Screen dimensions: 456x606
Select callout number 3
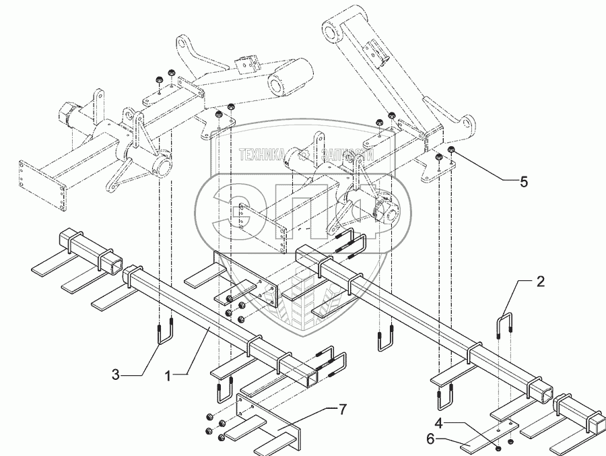[x=117, y=372]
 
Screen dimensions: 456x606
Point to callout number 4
[x=439, y=424]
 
